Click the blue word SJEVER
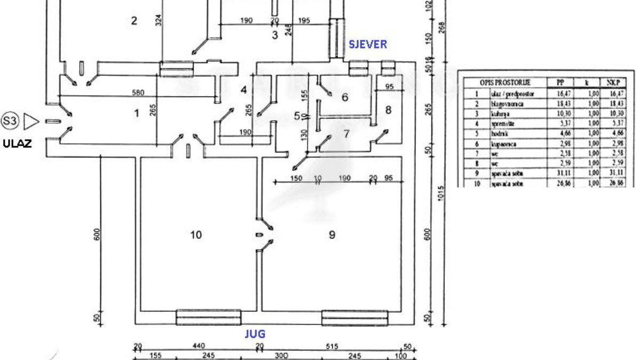[367, 44]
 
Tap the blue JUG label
[255, 334]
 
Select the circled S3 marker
[10, 122]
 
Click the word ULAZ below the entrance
[17, 143]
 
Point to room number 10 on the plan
[196, 234]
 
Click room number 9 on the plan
[332, 234]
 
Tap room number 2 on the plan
[134, 21]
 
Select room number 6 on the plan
[345, 97]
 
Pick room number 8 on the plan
[388, 110]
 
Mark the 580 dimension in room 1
[138, 92]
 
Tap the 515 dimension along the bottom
[332, 347]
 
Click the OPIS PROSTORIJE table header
[503, 83]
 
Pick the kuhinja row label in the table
[500, 114]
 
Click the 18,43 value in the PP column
[560, 104]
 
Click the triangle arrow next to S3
[32, 122]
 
